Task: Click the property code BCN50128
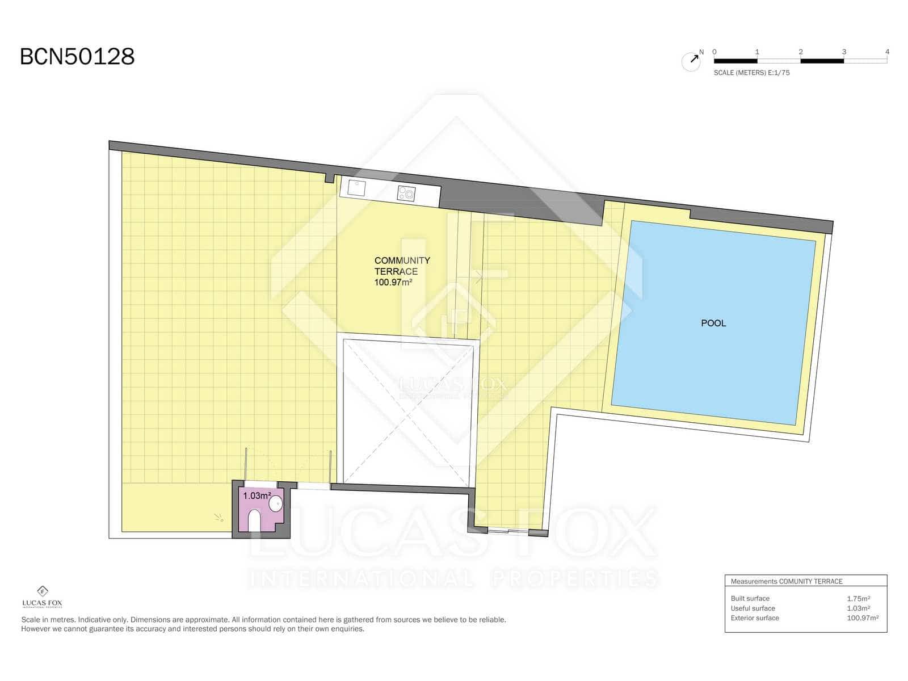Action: (x=77, y=57)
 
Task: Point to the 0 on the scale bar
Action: (x=714, y=52)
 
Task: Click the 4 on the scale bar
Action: (x=887, y=52)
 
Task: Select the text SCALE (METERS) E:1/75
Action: (x=751, y=73)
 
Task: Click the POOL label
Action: (x=713, y=323)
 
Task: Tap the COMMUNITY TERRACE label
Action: (x=402, y=266)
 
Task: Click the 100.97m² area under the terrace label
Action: (x=393, y=282)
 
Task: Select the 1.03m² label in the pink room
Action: (x=257, y=495)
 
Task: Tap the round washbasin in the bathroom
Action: (x=276, y=503)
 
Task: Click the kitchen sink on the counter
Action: (x=356, y=187)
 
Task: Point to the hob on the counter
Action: (x=406, y=194)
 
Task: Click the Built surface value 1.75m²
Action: (x=858, y=598)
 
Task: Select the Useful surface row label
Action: (x=753, y=608)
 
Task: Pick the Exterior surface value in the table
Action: (x=863, y=618)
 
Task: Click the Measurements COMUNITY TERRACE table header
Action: (x=787, y=581)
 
